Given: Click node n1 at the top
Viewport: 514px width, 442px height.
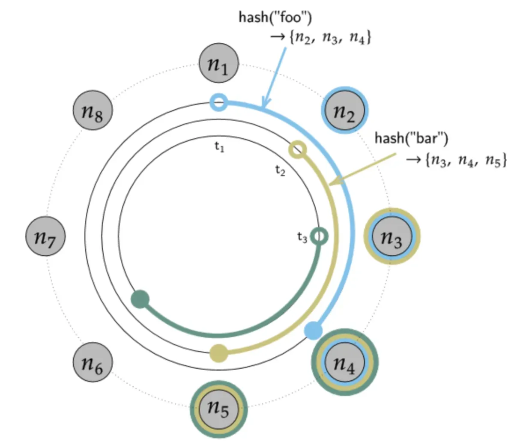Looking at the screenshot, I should [218, 64].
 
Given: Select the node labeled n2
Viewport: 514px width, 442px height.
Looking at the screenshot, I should [345, 110].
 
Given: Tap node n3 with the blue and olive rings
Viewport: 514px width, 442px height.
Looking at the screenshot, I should [392, 236].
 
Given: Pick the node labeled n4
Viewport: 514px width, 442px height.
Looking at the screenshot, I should [345, 362].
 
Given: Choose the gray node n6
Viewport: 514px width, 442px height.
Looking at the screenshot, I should [93, 362].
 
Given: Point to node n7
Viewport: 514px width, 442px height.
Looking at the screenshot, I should [46, 236].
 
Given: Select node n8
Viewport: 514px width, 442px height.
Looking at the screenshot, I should [93, 110].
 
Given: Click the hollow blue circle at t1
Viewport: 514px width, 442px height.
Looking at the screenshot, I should [218, 103].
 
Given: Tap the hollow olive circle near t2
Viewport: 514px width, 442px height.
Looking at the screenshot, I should [297, 150].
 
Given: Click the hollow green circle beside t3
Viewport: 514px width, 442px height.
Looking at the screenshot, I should [319, 236].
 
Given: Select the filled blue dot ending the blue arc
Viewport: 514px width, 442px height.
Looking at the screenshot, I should [313, 331].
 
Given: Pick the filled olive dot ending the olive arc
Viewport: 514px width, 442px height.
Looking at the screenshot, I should [219, 353].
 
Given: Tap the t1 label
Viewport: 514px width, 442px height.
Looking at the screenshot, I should [219, 148].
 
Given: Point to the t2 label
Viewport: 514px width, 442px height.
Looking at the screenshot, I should [280, 171].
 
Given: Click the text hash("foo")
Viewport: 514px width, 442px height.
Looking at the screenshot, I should [275, 18].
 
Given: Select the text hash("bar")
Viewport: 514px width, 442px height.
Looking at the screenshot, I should [411, 138].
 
